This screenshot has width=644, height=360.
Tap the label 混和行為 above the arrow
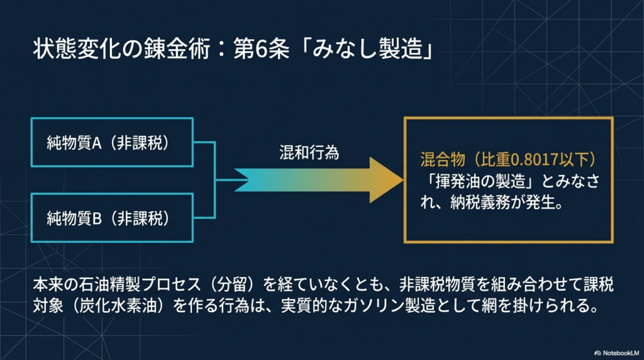pyautogui.click(x=309, y=152)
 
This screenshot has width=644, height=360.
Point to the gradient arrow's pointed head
pyautogui.click(x=403, y=179)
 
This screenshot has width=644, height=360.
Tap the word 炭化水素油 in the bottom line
pyautogui.click(x=118, y=306)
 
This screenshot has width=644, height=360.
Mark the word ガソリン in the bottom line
pyautogui.click(x=374, y=306)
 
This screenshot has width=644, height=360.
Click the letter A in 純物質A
pyautogui.click(x=97, y=143)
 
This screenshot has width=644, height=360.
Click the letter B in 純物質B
pyautogui.click(x=97, y=218)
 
